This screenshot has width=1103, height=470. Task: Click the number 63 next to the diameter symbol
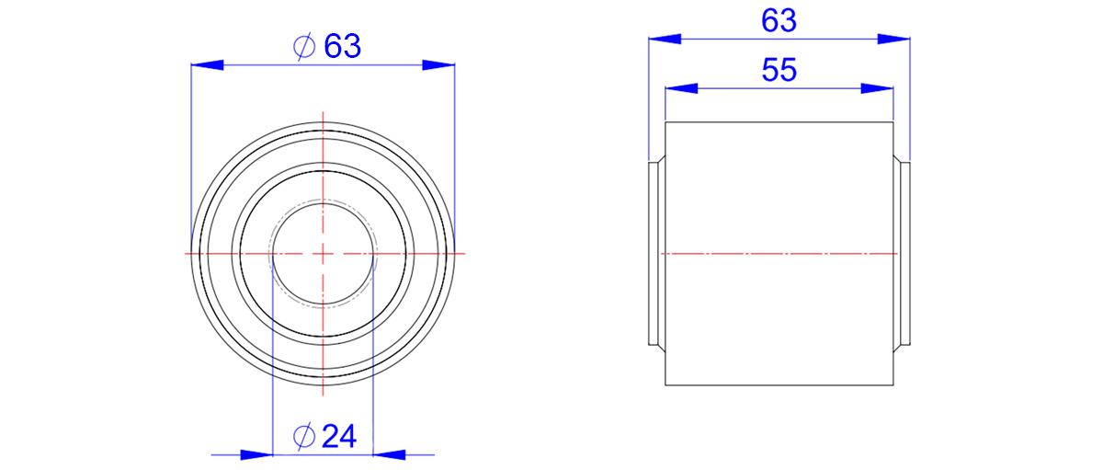tap(342, 46)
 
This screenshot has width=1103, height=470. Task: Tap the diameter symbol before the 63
tap(304, 47)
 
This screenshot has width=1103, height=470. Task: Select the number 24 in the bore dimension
tap(339, 437)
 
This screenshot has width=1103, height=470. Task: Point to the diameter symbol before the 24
tap(304, 437)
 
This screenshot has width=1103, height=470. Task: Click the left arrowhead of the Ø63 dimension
tap(208, 64)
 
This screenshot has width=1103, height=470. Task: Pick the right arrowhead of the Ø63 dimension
tap(438, 64)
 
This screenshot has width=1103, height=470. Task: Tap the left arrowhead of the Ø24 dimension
tap(256, 454)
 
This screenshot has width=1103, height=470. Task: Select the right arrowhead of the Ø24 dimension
tap(389, 454)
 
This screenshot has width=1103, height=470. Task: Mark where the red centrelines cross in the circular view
tap(323, 254)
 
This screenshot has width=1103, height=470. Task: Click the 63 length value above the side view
tap(779, 21)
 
